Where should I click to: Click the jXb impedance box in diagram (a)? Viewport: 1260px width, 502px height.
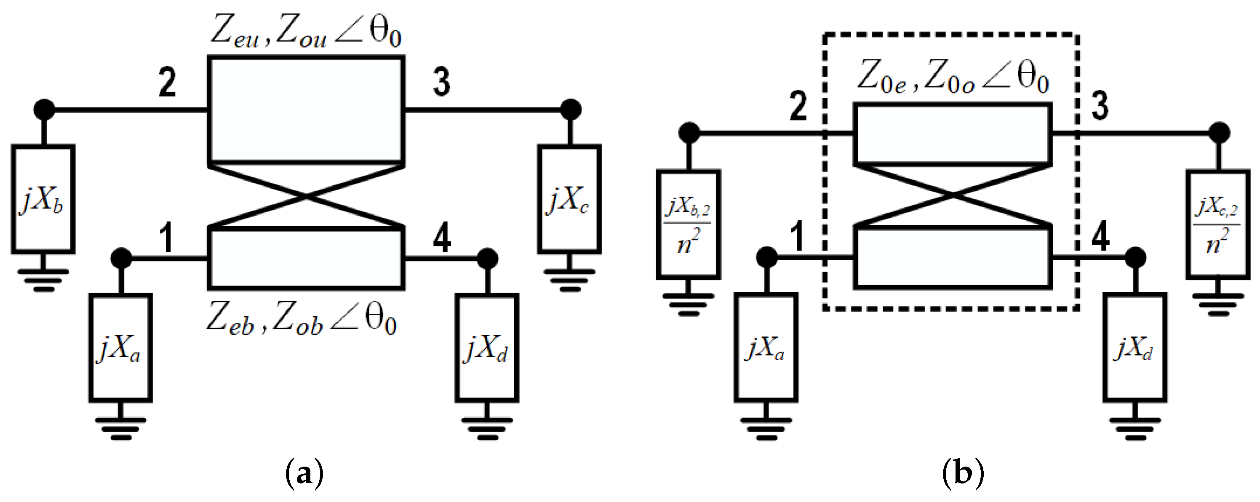43,199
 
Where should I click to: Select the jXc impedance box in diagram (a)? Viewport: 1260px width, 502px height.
569,199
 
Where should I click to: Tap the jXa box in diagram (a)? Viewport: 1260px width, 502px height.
120,348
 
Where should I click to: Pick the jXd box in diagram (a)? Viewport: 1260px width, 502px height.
487,348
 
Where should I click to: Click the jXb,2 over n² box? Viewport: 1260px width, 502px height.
688,225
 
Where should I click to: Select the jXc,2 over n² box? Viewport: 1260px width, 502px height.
1217,225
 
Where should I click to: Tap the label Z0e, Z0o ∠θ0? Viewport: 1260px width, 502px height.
952,78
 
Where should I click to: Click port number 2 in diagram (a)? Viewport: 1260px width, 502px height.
167,83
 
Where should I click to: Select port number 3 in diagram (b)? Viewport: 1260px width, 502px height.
1100,106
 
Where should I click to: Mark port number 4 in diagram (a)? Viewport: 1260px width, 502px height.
442,239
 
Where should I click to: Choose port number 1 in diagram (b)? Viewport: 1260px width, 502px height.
798,236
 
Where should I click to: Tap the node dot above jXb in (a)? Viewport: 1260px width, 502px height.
44,109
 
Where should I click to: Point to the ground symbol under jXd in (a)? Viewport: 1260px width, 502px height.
487,428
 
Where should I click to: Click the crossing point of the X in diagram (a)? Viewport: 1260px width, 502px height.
306,197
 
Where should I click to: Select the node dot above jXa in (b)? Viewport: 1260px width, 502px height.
766,257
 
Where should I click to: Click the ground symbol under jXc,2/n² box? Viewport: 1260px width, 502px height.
1217,304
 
